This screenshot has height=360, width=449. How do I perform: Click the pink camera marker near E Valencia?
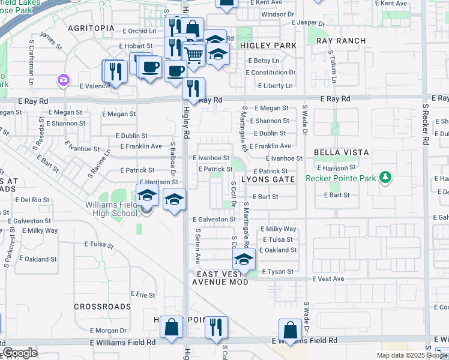click(62, 80)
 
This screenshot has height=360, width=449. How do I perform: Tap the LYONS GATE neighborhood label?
click(268, 179)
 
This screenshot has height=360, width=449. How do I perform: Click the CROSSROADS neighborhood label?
click(102, 307)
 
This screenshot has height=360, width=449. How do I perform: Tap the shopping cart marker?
click(193, 55)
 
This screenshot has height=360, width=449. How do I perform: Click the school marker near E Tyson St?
click(244, 260)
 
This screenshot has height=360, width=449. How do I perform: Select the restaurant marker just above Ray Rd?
click(193, 89)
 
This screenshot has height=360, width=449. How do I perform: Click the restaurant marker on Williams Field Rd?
click(216, 328)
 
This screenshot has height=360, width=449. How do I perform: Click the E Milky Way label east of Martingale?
click(279, 229)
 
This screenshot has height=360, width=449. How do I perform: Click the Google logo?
click(20, 353)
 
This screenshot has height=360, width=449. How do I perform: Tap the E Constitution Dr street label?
click(270, 73)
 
